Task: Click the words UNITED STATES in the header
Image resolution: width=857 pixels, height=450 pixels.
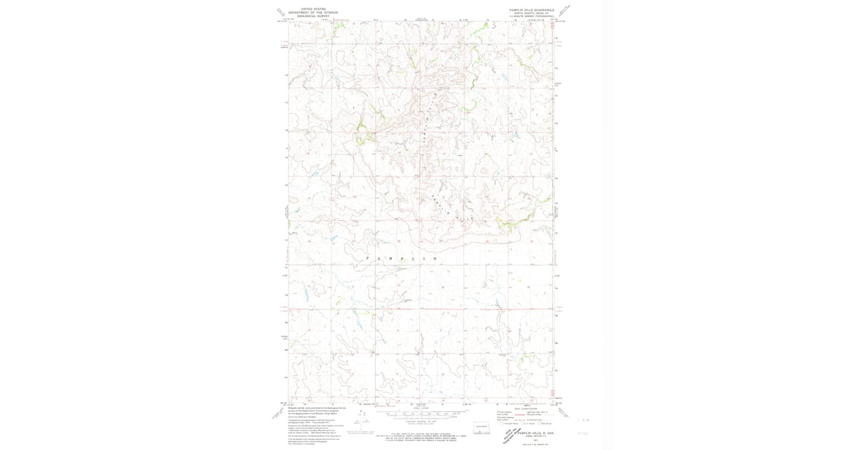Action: pyautogui.click(x=313, y=9)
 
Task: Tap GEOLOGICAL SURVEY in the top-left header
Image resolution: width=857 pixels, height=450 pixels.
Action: pyautogui.click(x=313, y=16)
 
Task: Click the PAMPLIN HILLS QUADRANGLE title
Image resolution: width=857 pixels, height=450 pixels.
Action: pyautogui.click(x=532, y=10)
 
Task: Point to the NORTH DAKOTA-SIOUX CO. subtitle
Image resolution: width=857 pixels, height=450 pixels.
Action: pyautogui.click(x=532, y=14)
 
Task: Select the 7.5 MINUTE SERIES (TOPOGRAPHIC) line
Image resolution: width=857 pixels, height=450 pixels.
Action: pyautogui.click(x=532, y=16)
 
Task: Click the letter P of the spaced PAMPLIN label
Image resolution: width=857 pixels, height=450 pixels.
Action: pyautogui.click(x=368, y=258)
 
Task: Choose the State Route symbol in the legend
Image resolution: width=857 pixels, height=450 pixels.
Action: pyautogui.click(x=541, y=423)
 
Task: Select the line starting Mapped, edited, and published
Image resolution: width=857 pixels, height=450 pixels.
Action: pyautogui.click(x=316, y=408)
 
